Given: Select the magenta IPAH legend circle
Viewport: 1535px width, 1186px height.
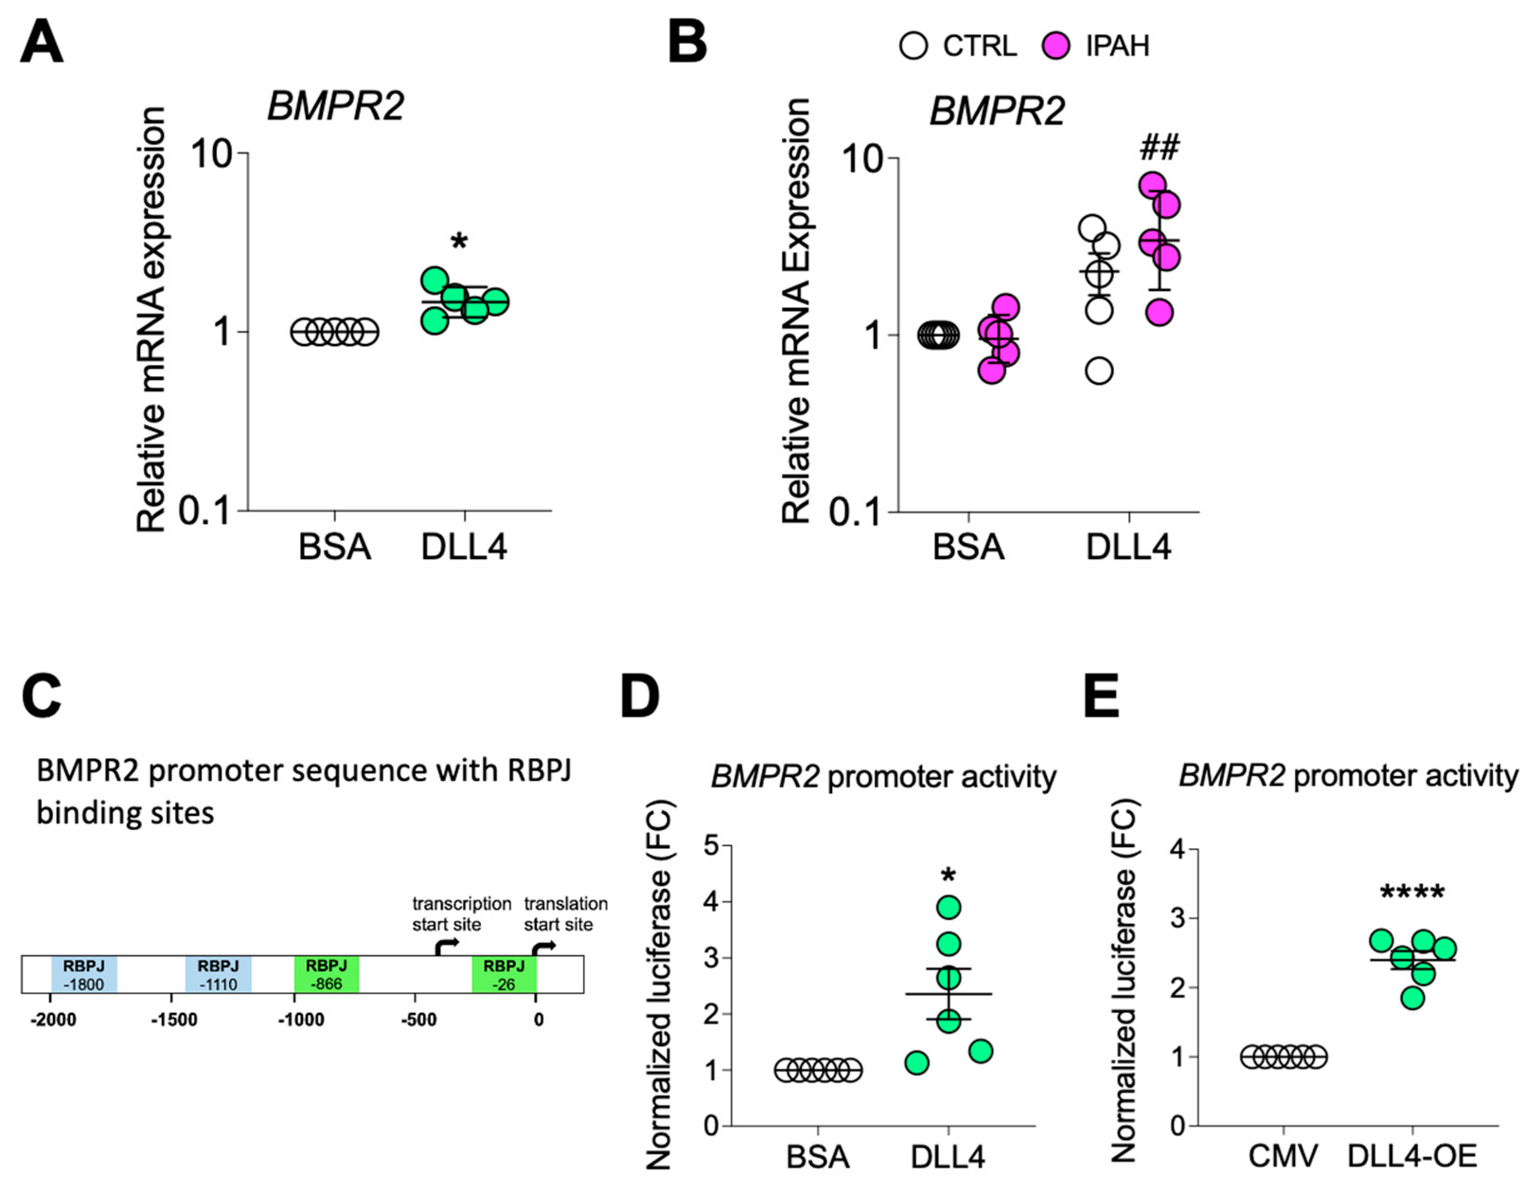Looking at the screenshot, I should [x=1056, y=46].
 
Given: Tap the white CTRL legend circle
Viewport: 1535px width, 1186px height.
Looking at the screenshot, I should [x=913, y=46].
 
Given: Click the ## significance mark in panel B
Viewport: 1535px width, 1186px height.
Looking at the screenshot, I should [x=1160, y=148].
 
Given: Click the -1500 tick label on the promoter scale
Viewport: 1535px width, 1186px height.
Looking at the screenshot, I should [x=174, y=1019].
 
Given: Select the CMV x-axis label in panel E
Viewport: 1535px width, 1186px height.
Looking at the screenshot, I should [x=1283, y=1157].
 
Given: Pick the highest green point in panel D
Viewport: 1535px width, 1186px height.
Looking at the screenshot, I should [x=948, y=907].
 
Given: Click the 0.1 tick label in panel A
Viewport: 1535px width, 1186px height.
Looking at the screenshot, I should [x=204, y=511].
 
